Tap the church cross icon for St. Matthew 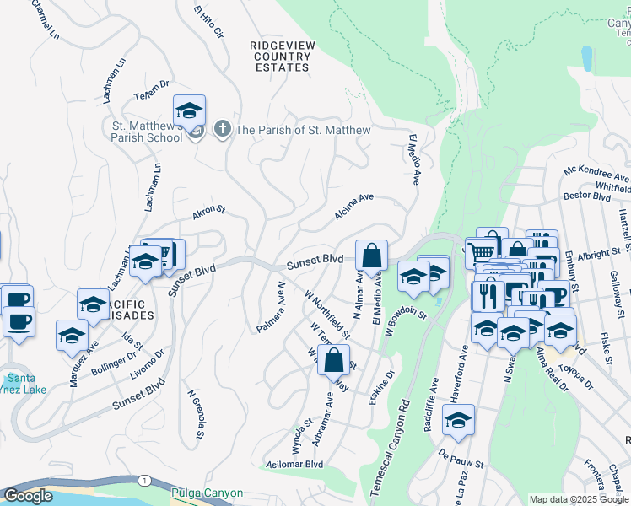221,130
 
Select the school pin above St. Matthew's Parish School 190,111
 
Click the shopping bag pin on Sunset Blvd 371,255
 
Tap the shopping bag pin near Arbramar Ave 335,359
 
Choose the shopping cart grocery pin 481,251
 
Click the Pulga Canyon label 207,493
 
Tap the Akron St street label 209,213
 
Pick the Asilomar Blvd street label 296,464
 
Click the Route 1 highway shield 145,480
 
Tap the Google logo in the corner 28,496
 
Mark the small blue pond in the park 586,57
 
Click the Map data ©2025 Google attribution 579,499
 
